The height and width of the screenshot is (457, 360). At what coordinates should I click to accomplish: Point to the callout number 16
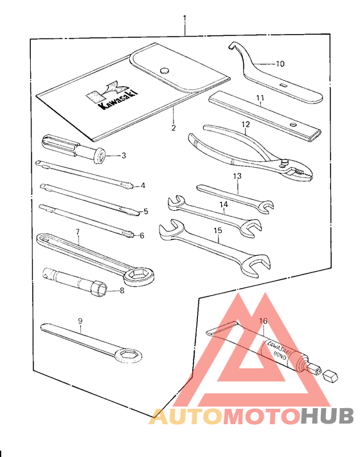point(263,321)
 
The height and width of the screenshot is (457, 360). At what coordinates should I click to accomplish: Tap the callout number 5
point(145,211)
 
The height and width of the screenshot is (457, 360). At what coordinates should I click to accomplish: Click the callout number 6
point(141,236)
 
